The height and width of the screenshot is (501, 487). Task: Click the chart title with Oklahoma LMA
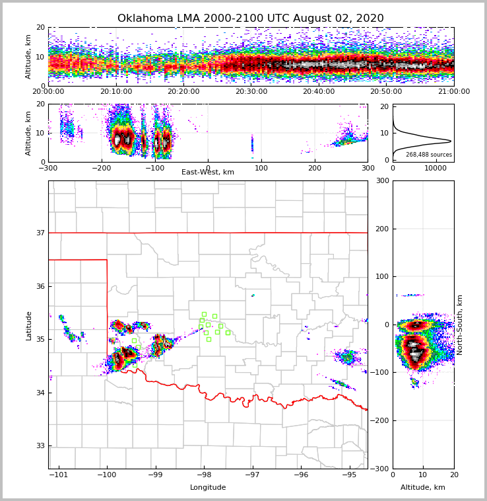tap(250, 19)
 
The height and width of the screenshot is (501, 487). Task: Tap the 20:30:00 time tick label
tap(251, 92)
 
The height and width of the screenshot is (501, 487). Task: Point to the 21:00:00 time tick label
tap(453, 92)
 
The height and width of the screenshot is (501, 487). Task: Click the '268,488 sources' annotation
tap(429, 155)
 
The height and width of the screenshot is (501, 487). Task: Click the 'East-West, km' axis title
tap(208, 173)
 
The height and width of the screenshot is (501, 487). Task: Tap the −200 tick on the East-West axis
tap(101, 168)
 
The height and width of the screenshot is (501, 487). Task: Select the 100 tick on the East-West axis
tap(261, 168)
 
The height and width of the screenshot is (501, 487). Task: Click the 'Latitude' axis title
tap(28, 325)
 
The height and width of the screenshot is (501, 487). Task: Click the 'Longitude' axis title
tap(208, 488)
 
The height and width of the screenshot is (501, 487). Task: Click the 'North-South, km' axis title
tap(460, 325)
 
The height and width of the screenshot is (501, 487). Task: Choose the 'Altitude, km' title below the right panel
tap(423, 488)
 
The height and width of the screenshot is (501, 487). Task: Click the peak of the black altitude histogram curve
tap(451, 141)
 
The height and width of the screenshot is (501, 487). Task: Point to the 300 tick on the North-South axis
tap(381, 180)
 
